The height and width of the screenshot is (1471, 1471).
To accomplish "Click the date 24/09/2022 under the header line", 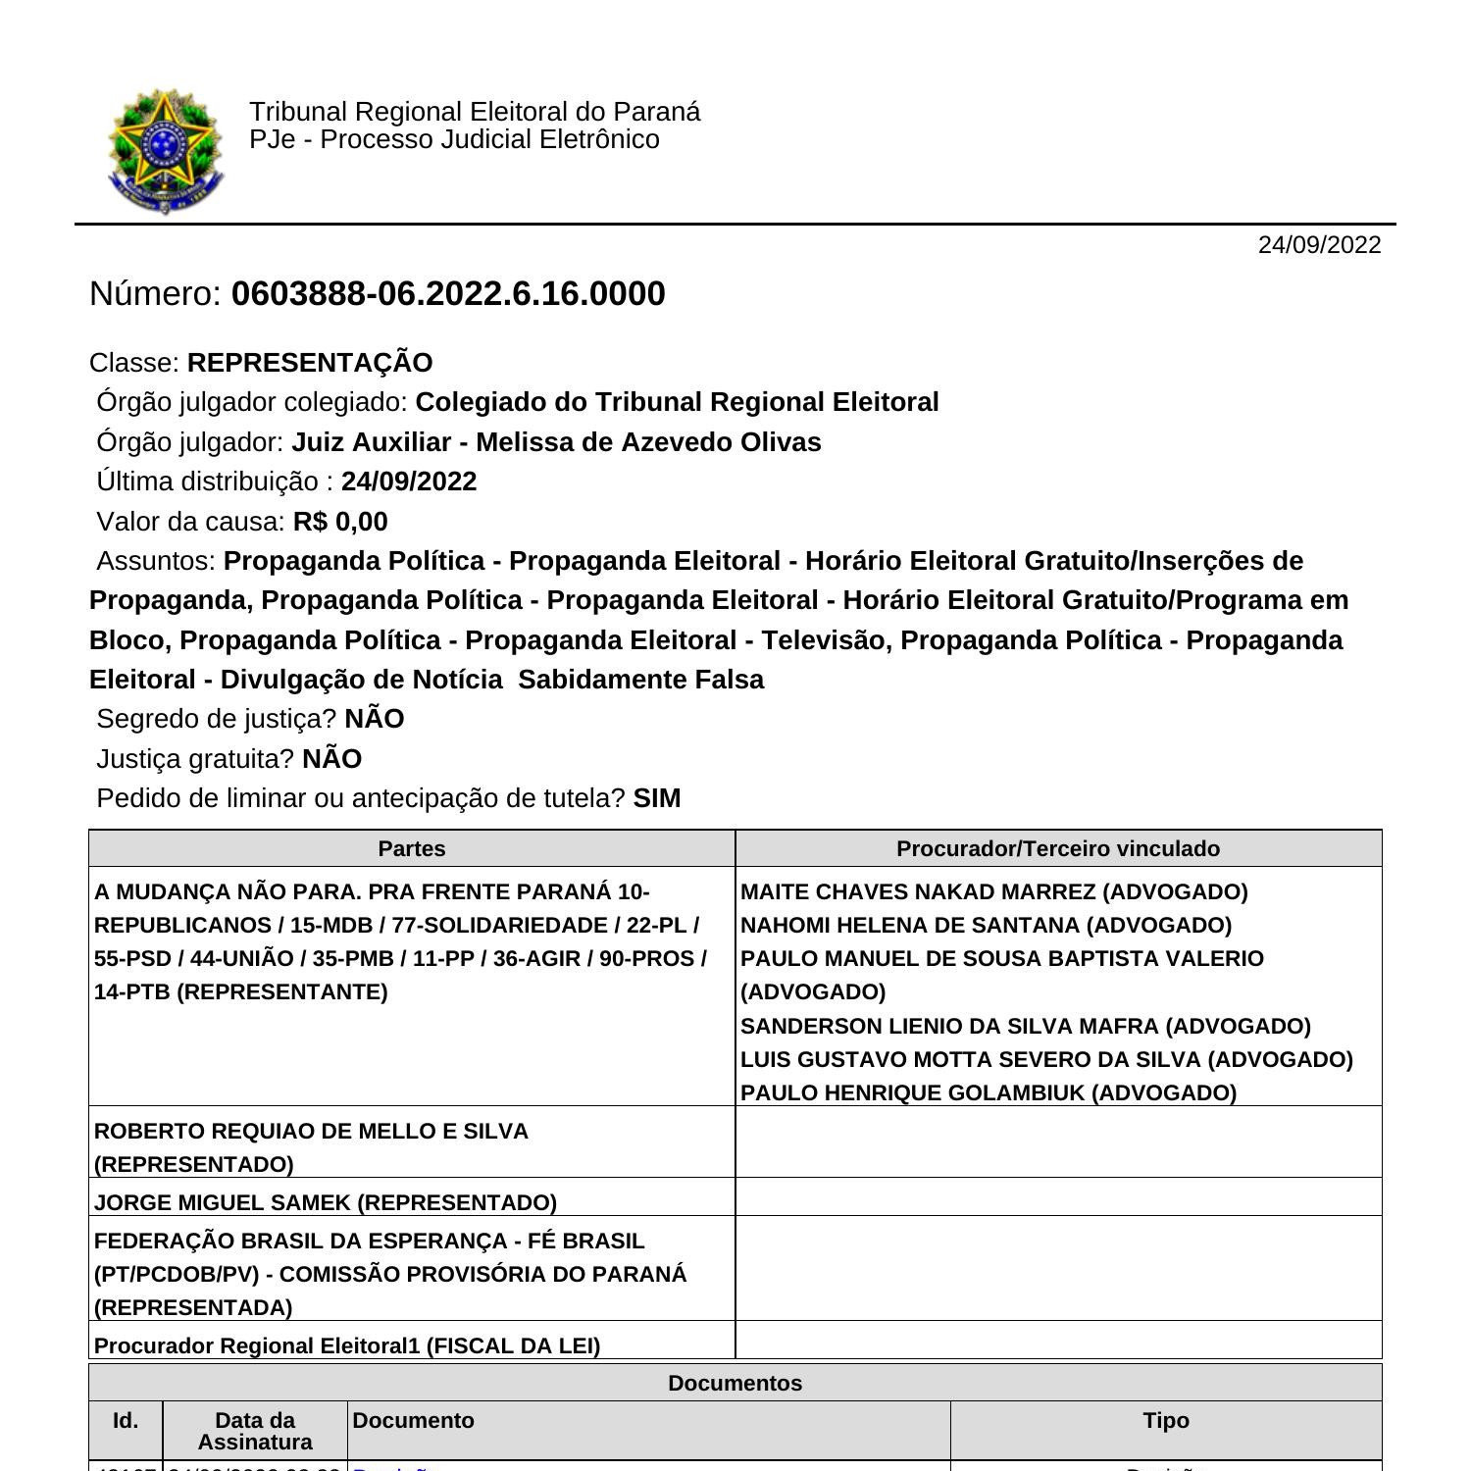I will click(x=1319, y=245).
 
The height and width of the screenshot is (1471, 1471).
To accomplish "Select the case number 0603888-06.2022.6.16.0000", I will click(x=448, y=294).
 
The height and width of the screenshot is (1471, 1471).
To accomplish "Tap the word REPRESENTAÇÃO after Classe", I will click(x=310, y=363).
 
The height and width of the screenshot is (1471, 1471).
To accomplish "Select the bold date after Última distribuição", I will click(x=409, y=482).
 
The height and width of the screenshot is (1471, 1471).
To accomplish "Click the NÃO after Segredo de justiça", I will click(x=375, y=719).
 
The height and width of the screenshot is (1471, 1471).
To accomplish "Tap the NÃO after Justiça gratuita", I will click(x=332, y=759).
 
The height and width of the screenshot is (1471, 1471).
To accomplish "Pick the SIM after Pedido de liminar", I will click(x=657, y=798).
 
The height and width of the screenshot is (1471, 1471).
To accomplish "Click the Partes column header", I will click(x=412, y=848).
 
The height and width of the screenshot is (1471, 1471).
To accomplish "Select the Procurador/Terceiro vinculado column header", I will click(x=1058, y=848).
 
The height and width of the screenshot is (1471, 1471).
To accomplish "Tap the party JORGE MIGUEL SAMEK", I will click(x=224, y=1202).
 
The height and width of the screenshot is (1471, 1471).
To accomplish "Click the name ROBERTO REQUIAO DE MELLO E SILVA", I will click(x=311, y=1131).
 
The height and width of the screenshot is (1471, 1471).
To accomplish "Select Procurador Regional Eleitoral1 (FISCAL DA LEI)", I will click(x=347, y=1345).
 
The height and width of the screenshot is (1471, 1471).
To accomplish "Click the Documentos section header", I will click(x=735, y=1383).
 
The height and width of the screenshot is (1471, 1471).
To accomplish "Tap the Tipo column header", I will click(x=1165, y=1420).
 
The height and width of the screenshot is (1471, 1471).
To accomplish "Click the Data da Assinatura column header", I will click(x=255, y=1431).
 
